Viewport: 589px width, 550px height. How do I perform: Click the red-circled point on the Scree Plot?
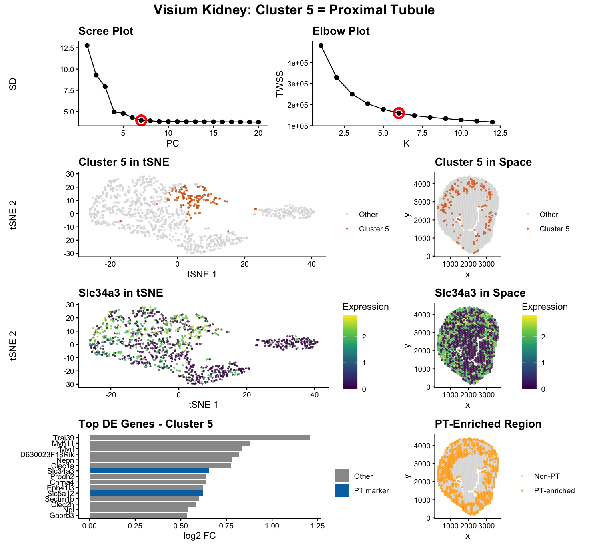[x=141, y=120]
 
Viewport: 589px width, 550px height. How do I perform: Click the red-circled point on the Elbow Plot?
[x=399, y=113]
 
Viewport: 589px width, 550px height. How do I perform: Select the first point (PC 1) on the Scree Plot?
[x=87, y=46]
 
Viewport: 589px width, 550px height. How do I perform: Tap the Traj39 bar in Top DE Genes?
[x=200, y=438]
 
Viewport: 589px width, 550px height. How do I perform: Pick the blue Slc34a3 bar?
[x=149, y=471]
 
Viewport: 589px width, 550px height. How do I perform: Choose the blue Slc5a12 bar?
[x=146, y=493]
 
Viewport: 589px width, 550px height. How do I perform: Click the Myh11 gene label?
[x=63, y=443]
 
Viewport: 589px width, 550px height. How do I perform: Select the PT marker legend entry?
[x=371, y=490]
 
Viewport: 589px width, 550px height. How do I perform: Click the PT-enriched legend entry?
[x=554, y=490]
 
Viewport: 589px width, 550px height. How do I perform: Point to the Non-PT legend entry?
[x=547, y=476]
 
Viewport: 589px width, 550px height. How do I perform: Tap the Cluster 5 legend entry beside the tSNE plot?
[x=373, y=229]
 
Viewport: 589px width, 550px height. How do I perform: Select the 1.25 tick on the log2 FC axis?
[x=317, y=525]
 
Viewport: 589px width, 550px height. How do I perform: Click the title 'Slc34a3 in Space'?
[x=480, y=293]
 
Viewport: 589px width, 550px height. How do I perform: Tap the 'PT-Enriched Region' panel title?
[x=488, y=424]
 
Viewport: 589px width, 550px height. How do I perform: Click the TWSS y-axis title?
[x=280, y=84]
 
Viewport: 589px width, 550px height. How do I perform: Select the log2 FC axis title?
[x=200, y=536]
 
